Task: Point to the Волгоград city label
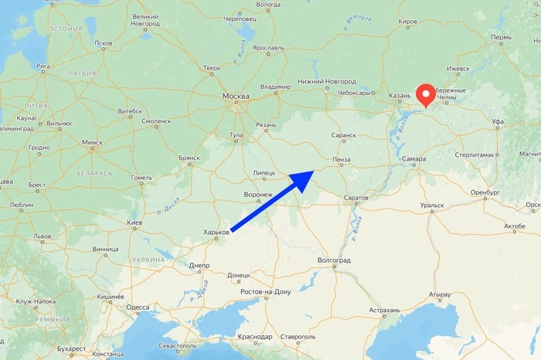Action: click(x=334, y=260)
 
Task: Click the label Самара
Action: click(x=415, y=159)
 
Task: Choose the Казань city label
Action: click(x=400, y=97)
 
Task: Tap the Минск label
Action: click(x=93, y=142)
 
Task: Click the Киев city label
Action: click(x=134, y=222)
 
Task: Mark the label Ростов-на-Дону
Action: click(x=265, y=291)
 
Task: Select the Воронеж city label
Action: click(x=257, y=194)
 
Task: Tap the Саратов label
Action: click(x=356, y=198)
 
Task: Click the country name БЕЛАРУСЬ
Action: click(x=94, y=173)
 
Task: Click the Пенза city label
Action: click(x=340, y=159)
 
